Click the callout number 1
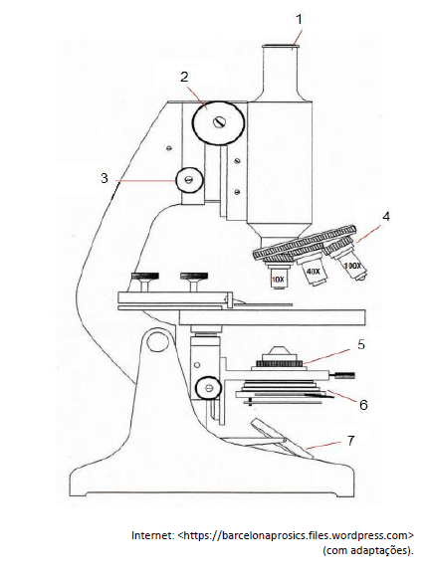[x=300, y=19]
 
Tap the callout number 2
[x=184, y=77]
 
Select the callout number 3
[x=105, y=178]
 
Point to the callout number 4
[x=386, y=216]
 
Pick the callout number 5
[x=361, y=344]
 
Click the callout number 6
[x=363, y=405]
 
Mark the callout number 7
[x=350, y=440]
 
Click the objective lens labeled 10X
[x=278, y=276]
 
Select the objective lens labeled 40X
[x=313, y=271]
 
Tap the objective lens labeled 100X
[x=350, y=263]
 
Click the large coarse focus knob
[x=218, y=122]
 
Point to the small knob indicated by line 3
[x=190, y=180]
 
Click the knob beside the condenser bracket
[x=208, y=388]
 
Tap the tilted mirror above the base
[x=283, y=439]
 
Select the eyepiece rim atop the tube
[x=281, y=47]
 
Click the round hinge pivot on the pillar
[x=157, y=342]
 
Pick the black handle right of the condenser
[x=343, y=376]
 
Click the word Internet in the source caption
[x=152, y=535]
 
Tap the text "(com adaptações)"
[x=368, y=550]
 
